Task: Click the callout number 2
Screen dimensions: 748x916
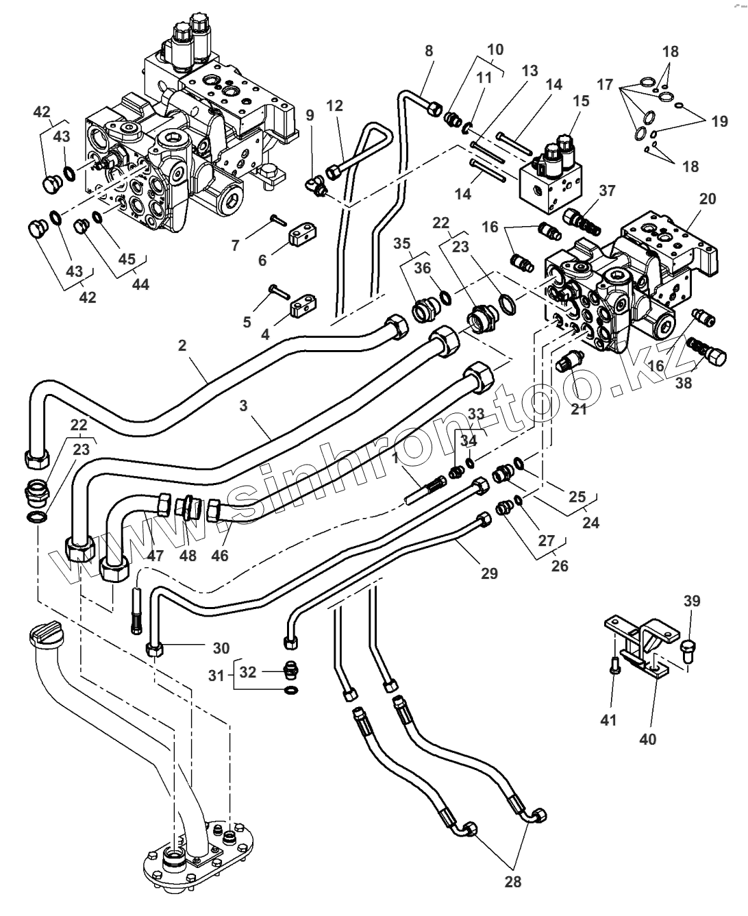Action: pyautogui.click(x=182, y=345)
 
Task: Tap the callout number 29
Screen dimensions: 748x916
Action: pyautogui.click(x=489, y=573)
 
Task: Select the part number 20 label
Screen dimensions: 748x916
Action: pyautogui.click(x=708, y=199)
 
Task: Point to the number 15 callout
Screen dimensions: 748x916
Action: pyautogui.click(x=581, y=101)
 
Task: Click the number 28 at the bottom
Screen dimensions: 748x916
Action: pyautogui.click(x=513, y=882)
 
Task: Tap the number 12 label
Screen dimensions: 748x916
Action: pyautogui.click(x=334, y=106)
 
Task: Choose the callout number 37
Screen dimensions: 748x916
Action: pyautogui.click(x=608, y=190)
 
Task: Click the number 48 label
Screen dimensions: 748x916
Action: pyautogui.click(x=188, y=556)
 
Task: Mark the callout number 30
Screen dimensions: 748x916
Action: pyautogui.click(x=221, y=648)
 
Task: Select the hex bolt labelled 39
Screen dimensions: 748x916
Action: pyautogui.click(x=688, y=652)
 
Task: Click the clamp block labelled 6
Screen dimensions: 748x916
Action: pyautogui.click(x=302, y=237)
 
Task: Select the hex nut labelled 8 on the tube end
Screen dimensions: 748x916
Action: pyautogui.click(x=435, y=108)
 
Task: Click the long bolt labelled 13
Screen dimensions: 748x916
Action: pyautogui.click(x=486, y=151)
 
